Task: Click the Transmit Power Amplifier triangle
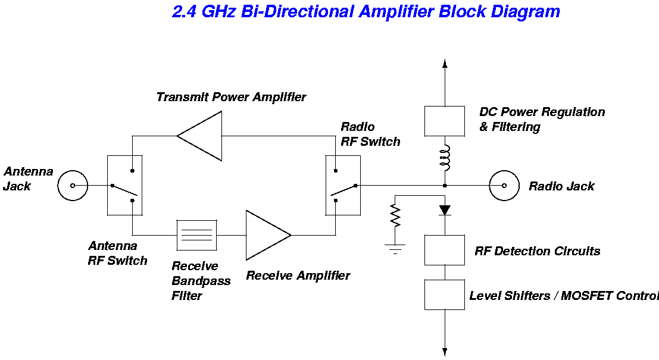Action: click(202, 136)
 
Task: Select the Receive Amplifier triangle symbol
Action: click(266, 234)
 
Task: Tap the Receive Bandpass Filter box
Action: click(197, 235)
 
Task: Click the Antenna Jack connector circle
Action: click(73, 186)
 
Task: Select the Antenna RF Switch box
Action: click(124, 185)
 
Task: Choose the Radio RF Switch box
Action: click(343, 185)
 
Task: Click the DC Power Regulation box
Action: click(444, 121)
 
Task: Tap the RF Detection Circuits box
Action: click(444, 250)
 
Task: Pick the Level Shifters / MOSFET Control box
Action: click(444, 295)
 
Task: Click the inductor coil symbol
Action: click(445, 158)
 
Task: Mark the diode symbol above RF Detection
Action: click(445, 210)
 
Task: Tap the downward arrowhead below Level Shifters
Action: click(445, 350)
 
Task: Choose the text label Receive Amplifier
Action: click(298, 276)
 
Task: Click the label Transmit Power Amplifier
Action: click(231, 97)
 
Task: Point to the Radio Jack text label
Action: click(561, 186)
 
